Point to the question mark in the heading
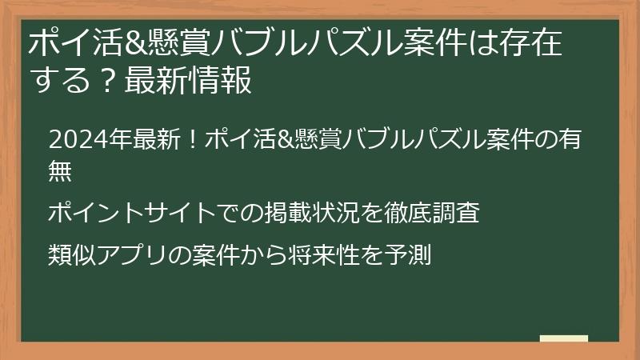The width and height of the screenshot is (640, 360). coord(106,81)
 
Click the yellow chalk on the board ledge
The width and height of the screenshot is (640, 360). coord(563,338)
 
